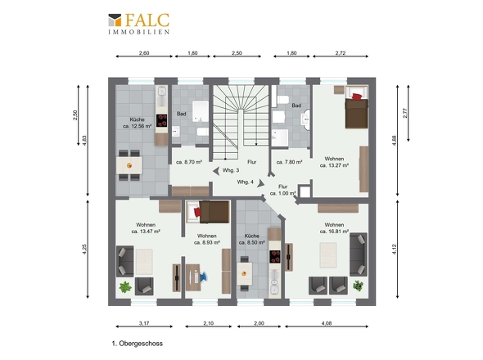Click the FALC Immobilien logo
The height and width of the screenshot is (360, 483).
[x=138, y=24]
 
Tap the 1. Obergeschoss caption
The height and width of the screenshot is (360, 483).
[x=138, y=344]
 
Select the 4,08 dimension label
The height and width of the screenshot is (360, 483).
[x=327, y=323]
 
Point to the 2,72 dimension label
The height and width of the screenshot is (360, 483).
[x=341, y=53]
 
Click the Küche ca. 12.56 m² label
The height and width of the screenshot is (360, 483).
[x=137, y=123]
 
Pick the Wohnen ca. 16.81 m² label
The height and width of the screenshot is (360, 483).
[x=334, y=228]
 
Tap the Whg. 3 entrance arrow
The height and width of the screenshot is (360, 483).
[x=217, y=171]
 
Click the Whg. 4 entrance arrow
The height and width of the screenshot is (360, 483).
[x=261, y=183]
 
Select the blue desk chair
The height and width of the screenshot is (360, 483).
[x=204, y=277]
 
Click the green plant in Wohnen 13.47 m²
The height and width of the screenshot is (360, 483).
[x=125, y=287]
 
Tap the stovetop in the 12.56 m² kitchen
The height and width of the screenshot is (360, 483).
[x=162, y=120]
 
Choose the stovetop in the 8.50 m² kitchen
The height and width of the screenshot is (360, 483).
[x=275, y=257]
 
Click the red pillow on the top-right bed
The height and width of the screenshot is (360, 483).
[x=357, y=97]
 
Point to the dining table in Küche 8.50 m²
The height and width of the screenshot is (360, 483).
[x=245, y=274]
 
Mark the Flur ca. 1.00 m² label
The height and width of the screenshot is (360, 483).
[x=282, y=190]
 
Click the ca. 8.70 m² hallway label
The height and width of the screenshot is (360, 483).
[x=189, y=162]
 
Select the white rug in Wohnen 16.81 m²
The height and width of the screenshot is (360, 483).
[x=328, y=255]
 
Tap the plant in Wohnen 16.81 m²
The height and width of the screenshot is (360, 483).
[x=358, y=286]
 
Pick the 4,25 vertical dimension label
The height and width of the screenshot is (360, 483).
[x=84, y=249]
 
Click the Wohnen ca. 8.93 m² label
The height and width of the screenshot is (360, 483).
[x=206, y=239]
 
